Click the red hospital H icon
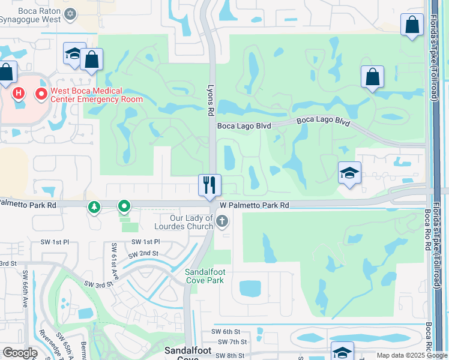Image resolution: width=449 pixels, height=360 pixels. coord(19,93)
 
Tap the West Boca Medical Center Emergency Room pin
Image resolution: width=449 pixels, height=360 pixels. coord(41,94)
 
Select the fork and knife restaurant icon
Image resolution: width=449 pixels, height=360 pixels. coord(209,184)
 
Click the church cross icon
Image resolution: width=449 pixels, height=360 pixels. coord(221,222)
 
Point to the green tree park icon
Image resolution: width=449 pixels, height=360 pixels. coord(94,207)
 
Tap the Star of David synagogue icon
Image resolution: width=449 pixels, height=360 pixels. coord(70,13)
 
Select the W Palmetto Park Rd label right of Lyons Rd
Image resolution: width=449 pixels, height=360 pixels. coord(255,205)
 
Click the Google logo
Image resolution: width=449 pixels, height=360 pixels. coord(20,353)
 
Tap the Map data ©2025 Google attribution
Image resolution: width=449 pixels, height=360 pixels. coord(412,355)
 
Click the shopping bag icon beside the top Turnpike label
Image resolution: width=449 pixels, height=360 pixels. coord(412,25)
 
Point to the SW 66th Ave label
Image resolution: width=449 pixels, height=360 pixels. coord(26,282)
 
